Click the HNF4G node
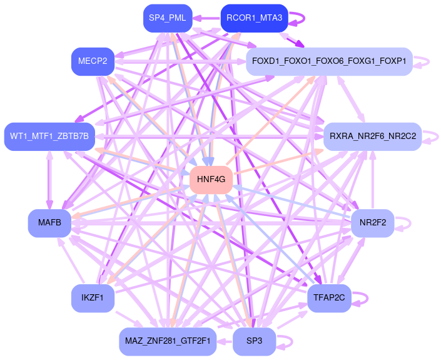211,180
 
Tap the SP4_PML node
167,18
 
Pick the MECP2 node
93,61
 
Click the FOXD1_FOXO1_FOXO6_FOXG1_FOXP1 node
329,61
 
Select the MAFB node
49,223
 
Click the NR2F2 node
372,223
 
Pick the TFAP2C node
329,298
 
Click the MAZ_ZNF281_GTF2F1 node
168,341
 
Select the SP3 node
255,341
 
